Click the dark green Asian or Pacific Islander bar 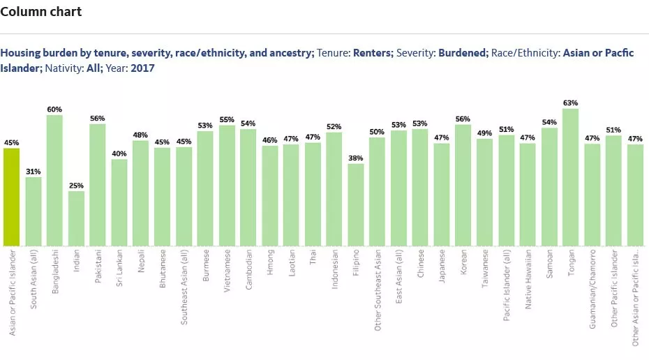click(11, 197)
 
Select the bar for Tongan click(570, 177)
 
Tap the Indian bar click(76, 218)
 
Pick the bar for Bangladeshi click(54, 180)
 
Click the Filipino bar click(356, 204)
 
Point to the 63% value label click(570, 103)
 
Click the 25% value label click(76, 186)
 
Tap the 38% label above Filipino click(356, 158)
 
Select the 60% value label click(54, 110)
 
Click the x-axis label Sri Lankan click(119, 267)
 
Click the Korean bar click(463, 185)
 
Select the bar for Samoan click(549, 187)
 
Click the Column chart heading click(41, 12)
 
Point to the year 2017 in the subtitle click(142, 68)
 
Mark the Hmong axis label click(269, 262)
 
